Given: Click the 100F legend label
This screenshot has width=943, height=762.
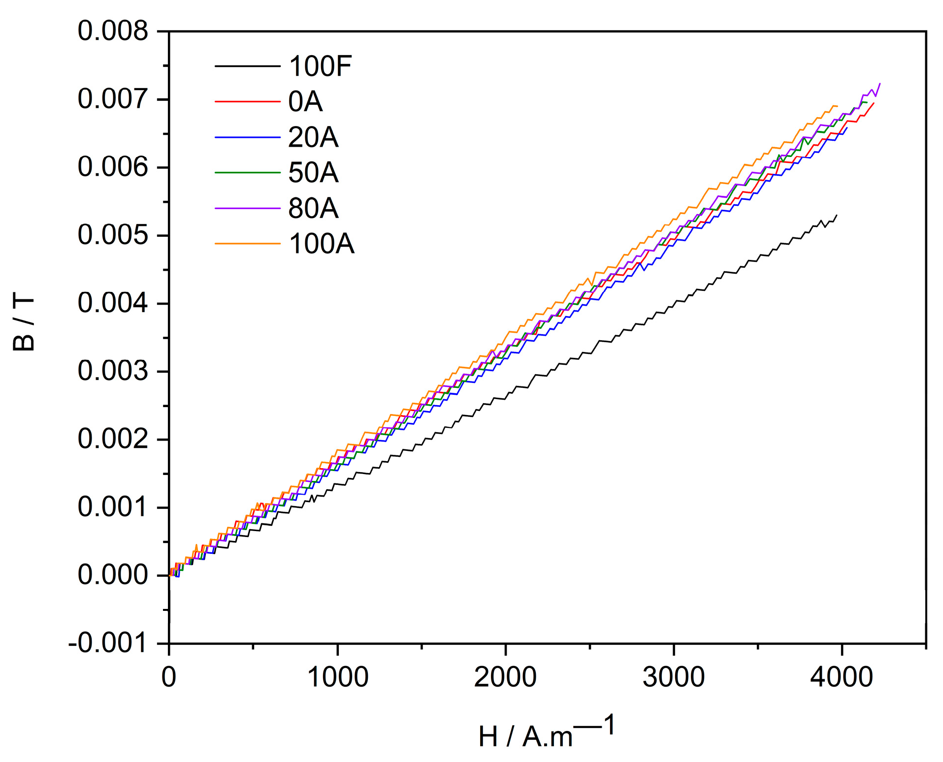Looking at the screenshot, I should click(x=320, y=66).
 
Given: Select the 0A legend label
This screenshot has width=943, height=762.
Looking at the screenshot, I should click(x=305, y=102).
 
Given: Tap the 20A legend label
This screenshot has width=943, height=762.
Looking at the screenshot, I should click(x=313, y=137).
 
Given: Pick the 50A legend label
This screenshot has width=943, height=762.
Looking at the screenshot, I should click(x=313, y=173).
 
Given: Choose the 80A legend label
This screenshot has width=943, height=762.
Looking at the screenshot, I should click(x=313, y=208).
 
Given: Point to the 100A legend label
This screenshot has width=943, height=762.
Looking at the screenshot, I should click(x=321, y=244).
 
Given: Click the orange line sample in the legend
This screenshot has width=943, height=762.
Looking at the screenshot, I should click(x=247, y=244).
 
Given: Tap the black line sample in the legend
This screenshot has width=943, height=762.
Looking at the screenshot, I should click(x=247, y=66).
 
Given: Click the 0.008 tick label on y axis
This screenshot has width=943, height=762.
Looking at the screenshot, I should click(x=113, y=31).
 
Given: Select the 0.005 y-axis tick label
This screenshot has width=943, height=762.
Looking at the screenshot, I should click(x=113, y=235).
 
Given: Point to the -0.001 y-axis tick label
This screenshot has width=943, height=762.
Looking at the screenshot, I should click(x=108, y=643).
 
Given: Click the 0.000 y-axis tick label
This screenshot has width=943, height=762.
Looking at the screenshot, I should click(x=113, y=575).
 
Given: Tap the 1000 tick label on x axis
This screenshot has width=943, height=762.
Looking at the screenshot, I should click(x=337, y=677).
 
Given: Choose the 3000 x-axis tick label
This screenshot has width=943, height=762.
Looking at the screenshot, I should click(x=674, y=677).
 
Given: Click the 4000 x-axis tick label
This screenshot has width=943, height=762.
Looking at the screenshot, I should click(x=842, y=677).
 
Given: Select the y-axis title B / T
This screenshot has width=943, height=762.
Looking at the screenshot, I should click(x=24, y=322).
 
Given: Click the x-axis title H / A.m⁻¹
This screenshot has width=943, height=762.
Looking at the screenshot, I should click(x=547, y=733).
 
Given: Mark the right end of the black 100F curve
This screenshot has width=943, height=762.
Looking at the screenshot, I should click(x=837, y=215).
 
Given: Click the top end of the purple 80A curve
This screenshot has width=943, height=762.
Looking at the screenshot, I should click(x=880, y=84).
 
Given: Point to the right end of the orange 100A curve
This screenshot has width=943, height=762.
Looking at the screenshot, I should click(x=837, y=106).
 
